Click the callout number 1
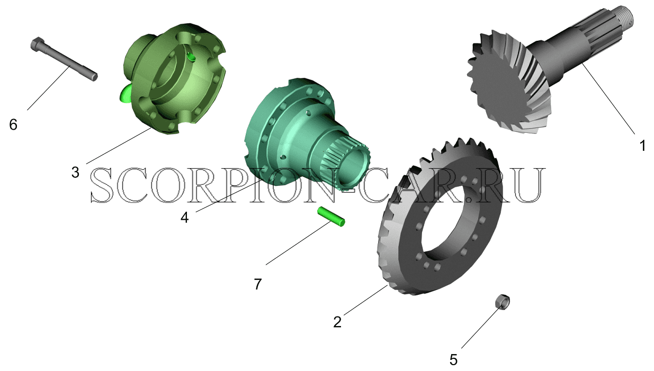642,146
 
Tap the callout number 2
337,322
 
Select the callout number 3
75,172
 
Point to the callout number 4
184,217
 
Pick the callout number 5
453,359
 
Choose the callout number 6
13,125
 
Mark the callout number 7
257,284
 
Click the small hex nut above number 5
503,302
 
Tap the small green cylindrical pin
331,217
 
